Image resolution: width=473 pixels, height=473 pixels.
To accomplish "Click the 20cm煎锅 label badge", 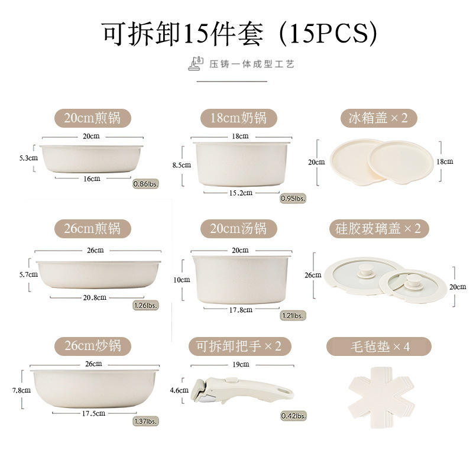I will click(x=92, y=118).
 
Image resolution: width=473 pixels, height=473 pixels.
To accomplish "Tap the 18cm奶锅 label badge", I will click(x=238, y=118).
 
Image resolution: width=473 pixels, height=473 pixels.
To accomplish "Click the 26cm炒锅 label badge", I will click(x=92, y=345).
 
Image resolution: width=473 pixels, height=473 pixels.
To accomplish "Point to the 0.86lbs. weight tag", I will click(x=145, y=184).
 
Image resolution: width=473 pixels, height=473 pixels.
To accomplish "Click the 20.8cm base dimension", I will click(x=95, y=297).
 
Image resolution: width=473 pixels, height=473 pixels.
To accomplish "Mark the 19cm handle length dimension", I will click(x=241, y=364).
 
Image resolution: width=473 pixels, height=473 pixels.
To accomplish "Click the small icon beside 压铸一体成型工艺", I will click(x=196, y=63).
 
